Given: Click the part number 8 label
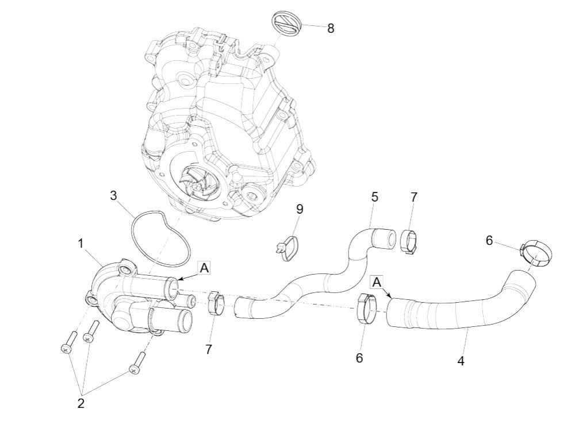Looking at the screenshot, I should (331, 28).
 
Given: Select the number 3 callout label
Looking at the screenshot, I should (114, 195).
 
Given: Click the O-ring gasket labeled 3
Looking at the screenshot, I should (160, 240).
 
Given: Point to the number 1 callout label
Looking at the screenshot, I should (81, 244).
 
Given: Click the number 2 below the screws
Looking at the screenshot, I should (81, 403).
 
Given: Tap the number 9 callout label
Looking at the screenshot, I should (300, 209).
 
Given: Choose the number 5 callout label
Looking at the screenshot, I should (375, 197).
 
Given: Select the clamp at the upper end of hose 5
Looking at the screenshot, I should (408, 241).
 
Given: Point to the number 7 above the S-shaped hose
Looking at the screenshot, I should (414, 197).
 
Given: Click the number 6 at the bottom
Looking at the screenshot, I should (359, 358).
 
